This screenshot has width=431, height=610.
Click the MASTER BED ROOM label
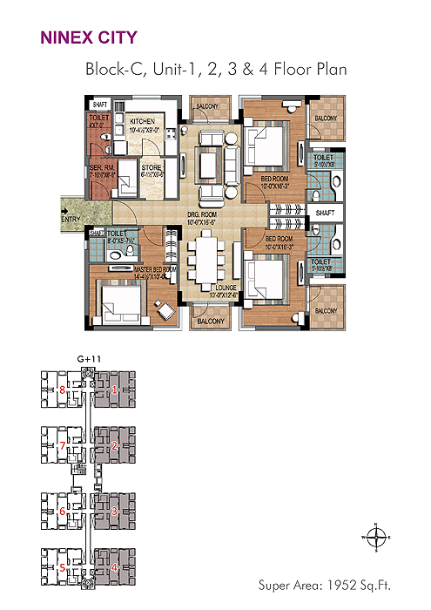(x=130, y=270)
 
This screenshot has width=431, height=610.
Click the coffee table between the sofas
(x=209, y=164)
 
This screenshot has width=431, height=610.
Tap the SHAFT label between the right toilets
(x=326, y=212)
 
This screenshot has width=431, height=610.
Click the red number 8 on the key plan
(x=62, y=390)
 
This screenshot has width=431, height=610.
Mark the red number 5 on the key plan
(x=62, y=568)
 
